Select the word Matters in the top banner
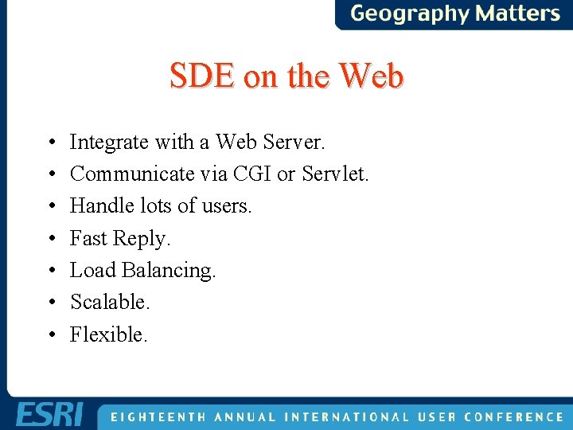coord(517,14)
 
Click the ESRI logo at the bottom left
coord(49,415)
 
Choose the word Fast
coord(88,238)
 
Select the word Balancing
coord(169,271)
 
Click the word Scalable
coord(110,302)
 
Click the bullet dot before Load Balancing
coord(51,271)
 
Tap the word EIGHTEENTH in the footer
coord(156,416)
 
